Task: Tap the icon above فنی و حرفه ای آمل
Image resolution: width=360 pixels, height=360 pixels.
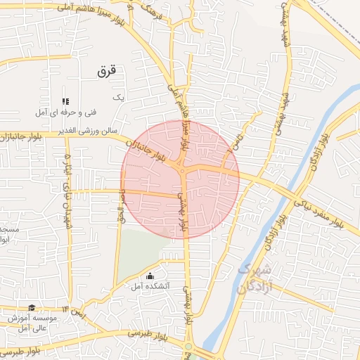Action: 66,101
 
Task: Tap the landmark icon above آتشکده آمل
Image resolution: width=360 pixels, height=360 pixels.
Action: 150,276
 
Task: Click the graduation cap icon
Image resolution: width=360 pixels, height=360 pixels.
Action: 32,307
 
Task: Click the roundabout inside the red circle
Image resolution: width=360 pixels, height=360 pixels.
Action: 182,171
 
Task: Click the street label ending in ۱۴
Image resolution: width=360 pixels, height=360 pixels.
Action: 74,310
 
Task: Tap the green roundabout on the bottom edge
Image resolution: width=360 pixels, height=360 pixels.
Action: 188,347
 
